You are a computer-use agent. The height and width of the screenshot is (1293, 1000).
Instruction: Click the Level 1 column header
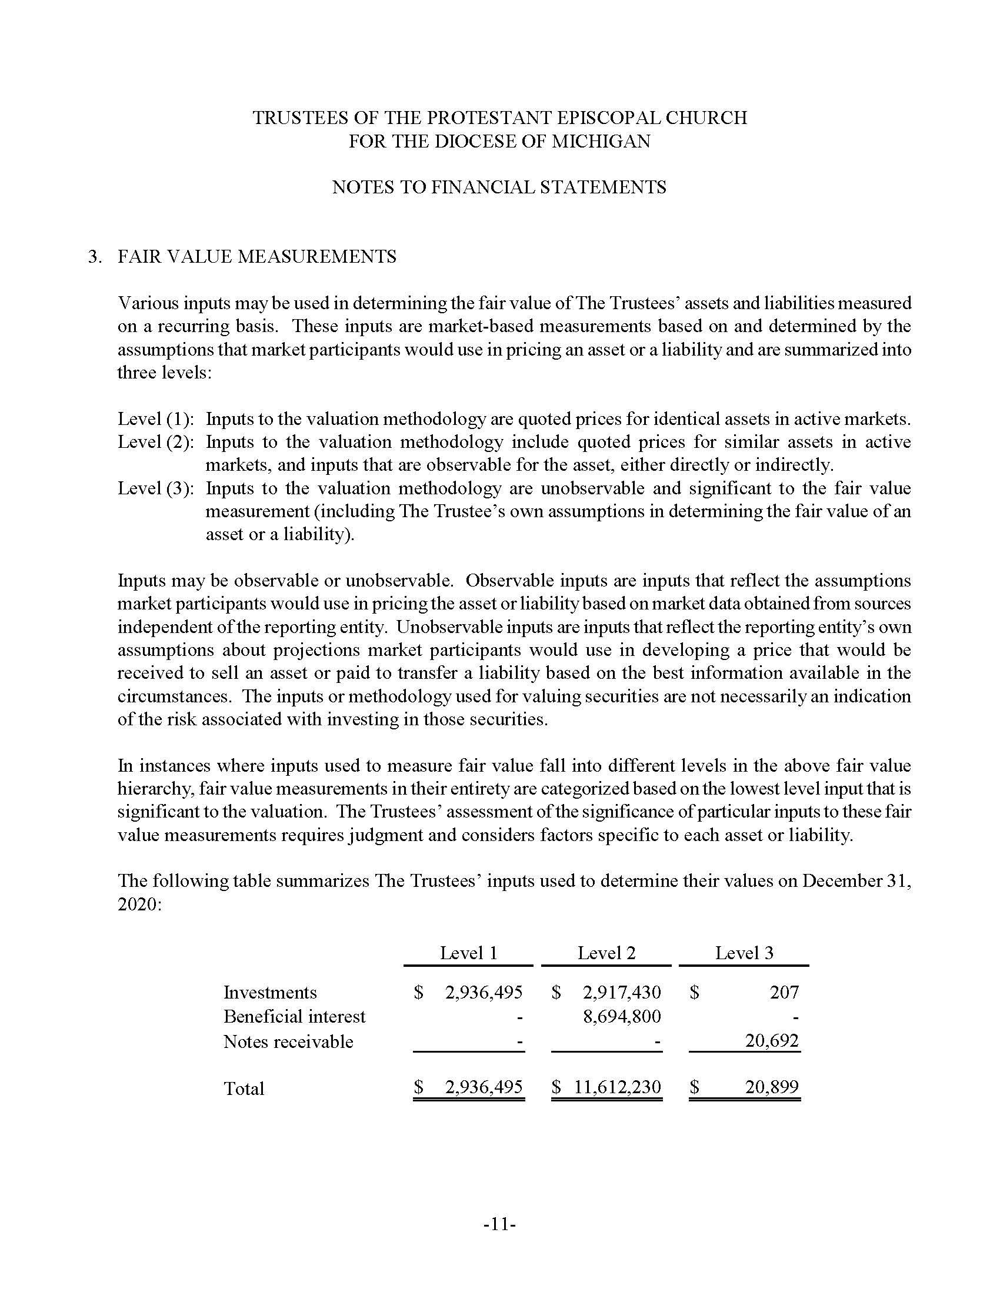[468, 953]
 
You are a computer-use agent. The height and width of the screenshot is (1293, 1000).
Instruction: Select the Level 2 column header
[606, 953]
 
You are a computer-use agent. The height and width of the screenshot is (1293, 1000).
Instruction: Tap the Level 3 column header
[744, 953]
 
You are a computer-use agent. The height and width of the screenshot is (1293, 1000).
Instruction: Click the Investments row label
[269, 992]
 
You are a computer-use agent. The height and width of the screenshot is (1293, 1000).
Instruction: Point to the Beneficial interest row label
[294, 1017]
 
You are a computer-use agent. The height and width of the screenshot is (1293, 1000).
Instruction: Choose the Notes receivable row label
[288, 1041]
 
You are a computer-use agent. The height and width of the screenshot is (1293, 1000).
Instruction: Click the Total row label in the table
[244, 1088]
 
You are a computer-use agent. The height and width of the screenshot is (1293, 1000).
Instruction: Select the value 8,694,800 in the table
[621, 1017]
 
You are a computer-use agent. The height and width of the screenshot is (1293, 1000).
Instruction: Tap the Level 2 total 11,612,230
[616, 1086]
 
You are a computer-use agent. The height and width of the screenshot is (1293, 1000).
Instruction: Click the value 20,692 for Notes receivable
[771, 1040]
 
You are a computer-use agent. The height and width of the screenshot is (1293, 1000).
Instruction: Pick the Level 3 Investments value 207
[784, 992]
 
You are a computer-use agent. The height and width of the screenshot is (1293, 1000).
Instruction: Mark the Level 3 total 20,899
[771, 1086]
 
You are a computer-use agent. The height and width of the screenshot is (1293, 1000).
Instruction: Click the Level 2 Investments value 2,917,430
[621, 992]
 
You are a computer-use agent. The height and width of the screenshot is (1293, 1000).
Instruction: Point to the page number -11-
[499, 1224]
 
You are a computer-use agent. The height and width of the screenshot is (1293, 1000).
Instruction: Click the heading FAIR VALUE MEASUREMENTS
[257, 256]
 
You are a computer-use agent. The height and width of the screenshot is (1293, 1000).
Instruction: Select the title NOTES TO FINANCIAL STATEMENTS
[499, 187]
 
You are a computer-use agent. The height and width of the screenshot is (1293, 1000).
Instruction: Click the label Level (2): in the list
[156, 441]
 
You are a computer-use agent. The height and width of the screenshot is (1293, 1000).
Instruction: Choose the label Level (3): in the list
[156, 488]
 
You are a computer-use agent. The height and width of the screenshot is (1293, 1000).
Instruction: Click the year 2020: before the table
[139, 905]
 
